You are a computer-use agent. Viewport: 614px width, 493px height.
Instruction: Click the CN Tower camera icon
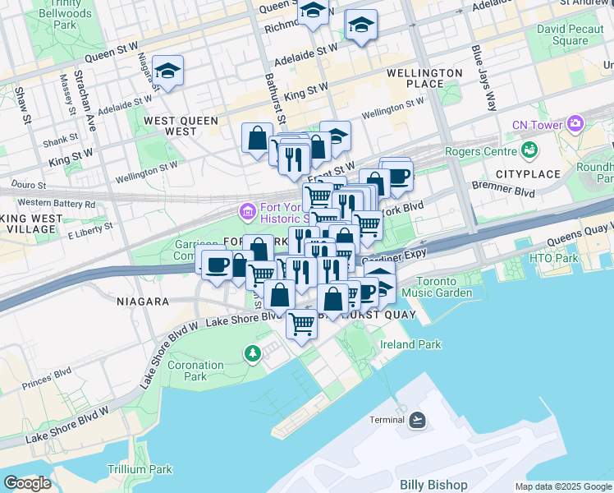pyautogui.click(x=575, y=124)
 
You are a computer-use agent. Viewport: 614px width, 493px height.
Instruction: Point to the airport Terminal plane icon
pyautogui.click(x=418, y=420)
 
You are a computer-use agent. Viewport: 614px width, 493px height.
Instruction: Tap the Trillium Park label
pyautogui.click(x=140, y=469)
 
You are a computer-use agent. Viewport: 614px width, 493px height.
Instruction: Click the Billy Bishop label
pyautogui.click(x=433, y=485)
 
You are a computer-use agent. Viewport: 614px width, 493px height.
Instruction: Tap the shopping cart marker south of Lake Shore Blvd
pyautogui.click(x=301, y=324)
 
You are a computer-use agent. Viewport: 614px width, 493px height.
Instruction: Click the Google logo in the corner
pyautogui.click(x=27, y=483)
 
